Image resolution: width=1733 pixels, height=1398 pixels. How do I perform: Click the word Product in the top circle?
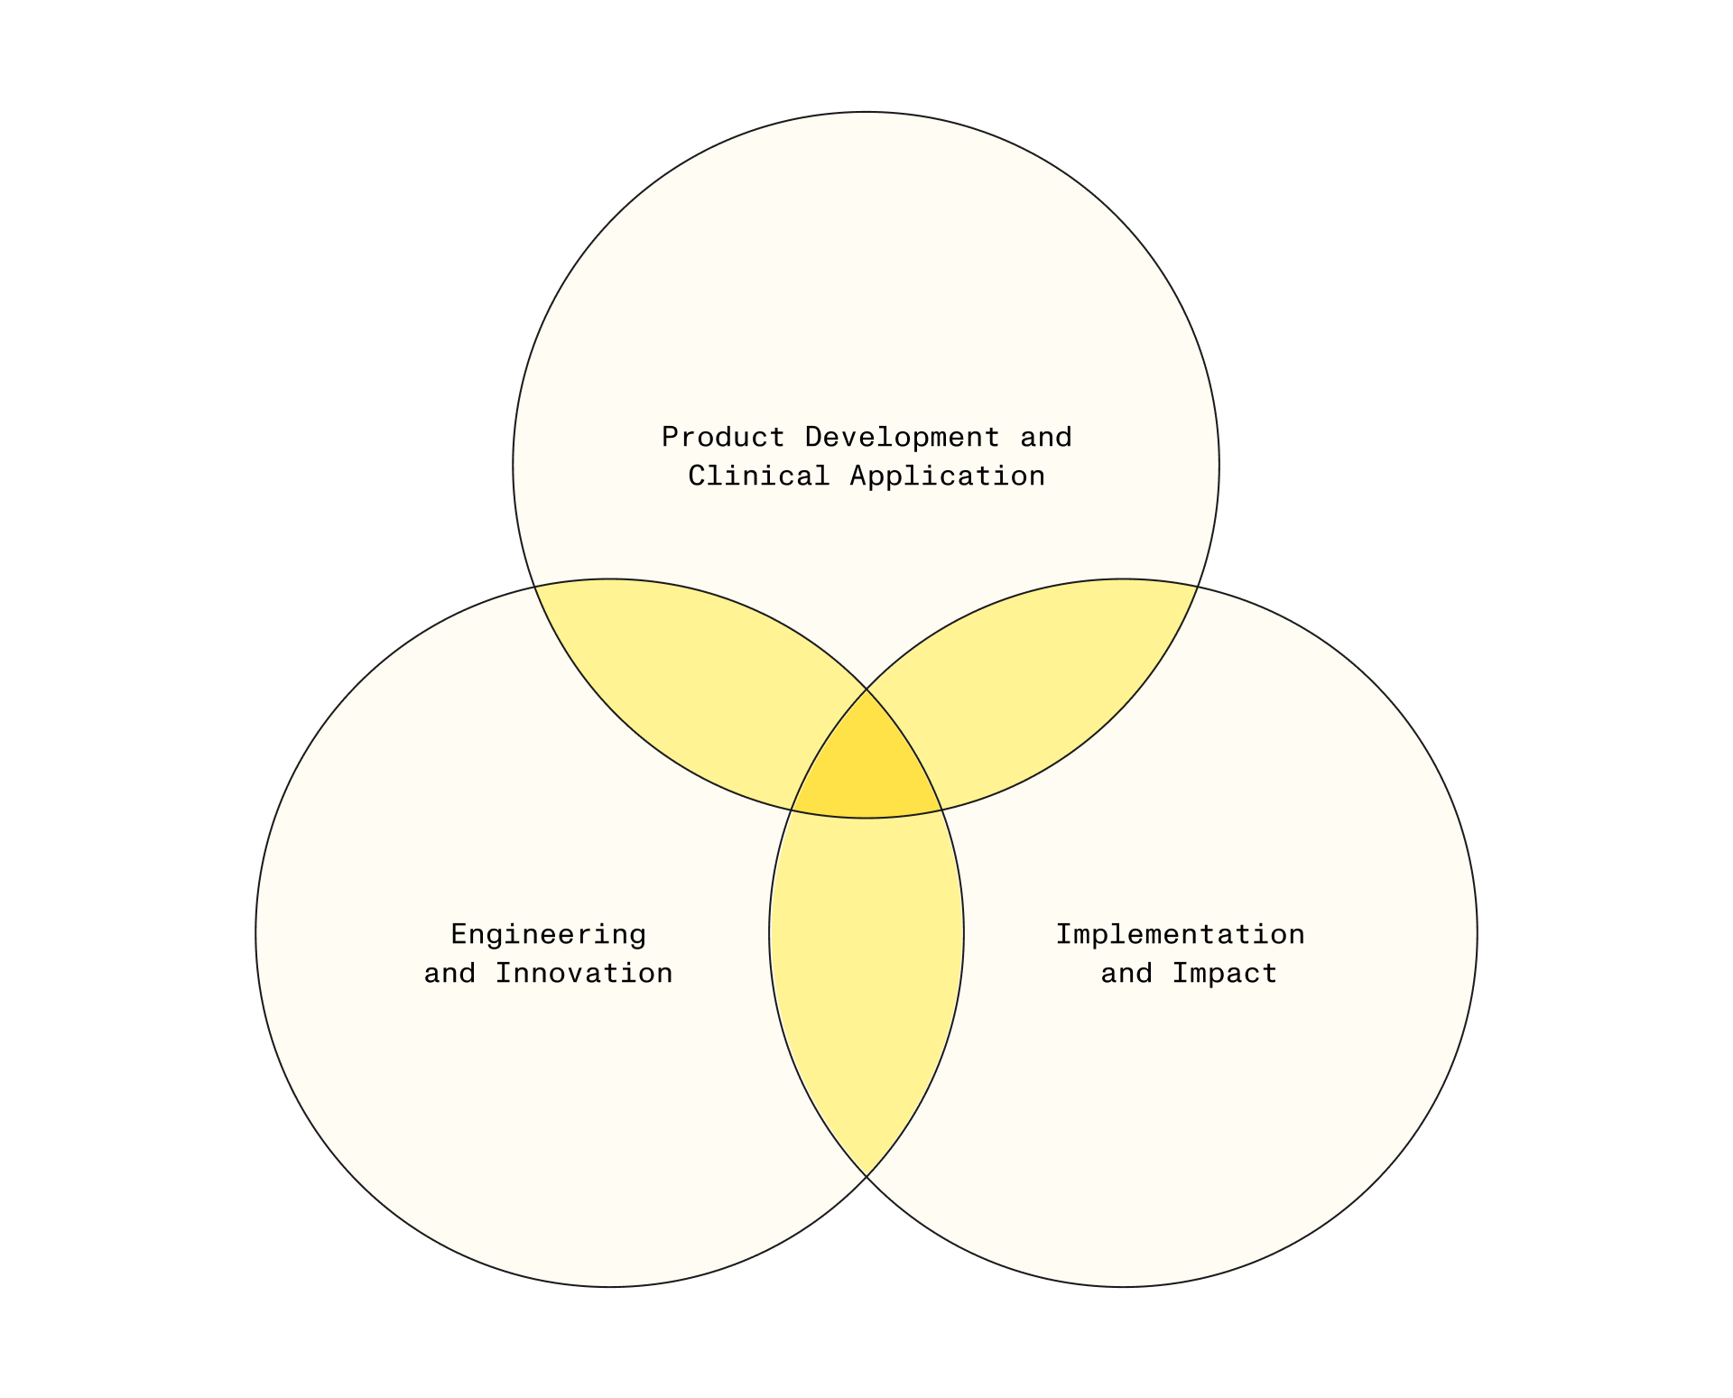point(723,437)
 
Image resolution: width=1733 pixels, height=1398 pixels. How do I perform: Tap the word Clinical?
point(758,476)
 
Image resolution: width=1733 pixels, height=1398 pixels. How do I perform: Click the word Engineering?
point(549,935)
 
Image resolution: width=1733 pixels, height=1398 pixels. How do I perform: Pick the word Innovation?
point(584,973)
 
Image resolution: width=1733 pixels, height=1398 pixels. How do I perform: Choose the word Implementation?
point(1181,934)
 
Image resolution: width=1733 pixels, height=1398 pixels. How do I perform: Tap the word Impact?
point(1225,974)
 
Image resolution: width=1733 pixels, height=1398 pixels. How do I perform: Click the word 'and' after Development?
point(1046,437)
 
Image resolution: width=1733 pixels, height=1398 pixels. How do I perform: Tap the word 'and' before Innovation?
point(450,973)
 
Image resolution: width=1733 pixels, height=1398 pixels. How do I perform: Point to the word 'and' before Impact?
point(1126,973)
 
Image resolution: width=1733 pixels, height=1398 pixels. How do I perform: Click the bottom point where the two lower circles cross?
point(866,1177)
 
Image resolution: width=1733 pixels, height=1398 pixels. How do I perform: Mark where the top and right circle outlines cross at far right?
point(1198,587)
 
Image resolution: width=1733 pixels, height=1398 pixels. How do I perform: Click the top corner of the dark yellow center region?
point(866,689)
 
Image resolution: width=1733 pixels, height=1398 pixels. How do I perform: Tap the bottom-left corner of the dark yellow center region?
point(792,810)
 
